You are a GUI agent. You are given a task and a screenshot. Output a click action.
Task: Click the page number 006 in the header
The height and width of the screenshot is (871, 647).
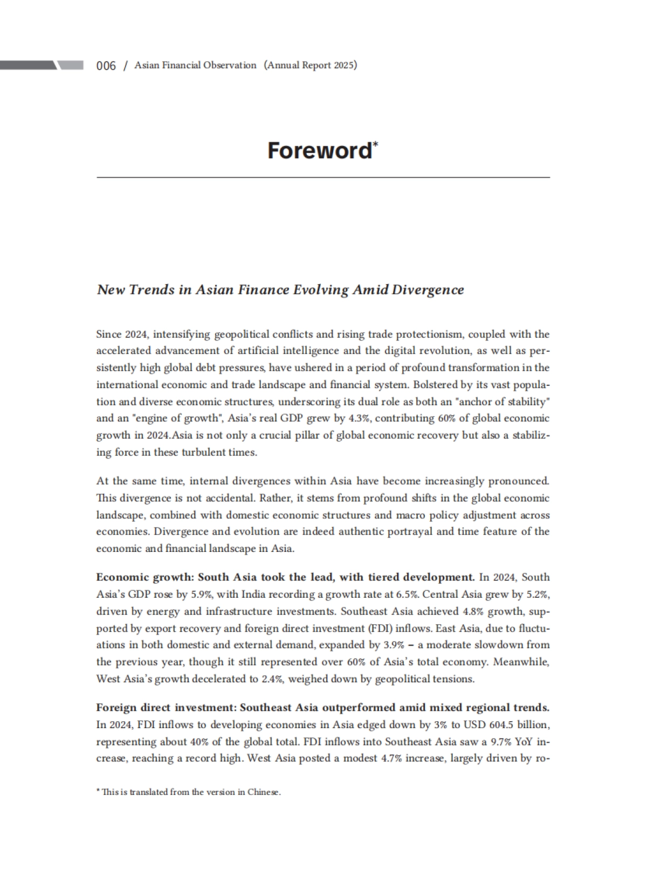point(106,66)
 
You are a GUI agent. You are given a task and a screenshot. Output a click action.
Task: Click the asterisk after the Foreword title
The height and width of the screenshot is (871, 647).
point(375,144)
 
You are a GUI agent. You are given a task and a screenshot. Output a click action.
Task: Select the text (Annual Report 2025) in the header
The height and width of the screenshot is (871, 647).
point(311,65)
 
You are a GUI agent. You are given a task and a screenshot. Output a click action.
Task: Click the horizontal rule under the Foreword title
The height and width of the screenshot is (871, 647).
point(323,177)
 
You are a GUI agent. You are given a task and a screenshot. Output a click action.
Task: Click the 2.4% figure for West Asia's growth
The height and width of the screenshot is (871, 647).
point(272,679)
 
